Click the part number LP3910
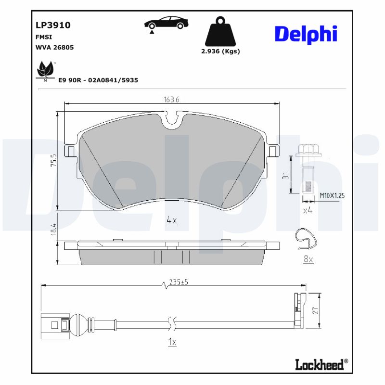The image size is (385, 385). coord(53,25)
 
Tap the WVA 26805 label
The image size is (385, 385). coord(54,48)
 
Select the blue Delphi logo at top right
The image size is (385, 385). coord(306,34)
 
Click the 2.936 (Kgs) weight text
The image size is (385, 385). coord(220,51)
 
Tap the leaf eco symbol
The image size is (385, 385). coord(46,70)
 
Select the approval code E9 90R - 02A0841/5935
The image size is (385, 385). coord(98,80)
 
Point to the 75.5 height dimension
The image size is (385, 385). coord(54,160)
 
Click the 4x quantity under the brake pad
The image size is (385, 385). coord(172,220)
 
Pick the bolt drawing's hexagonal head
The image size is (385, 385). coord(307,149)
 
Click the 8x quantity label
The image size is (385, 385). coord(308,260)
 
